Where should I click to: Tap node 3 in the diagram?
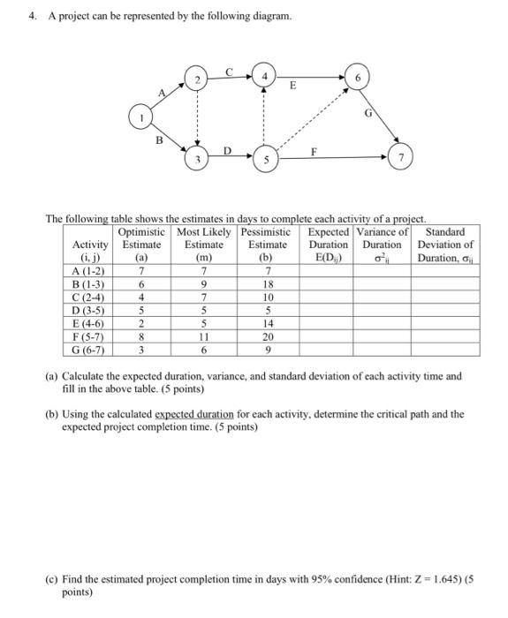tap(198, 160)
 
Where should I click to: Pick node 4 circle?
tap(263, 75)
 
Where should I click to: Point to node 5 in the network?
tap(263, 160)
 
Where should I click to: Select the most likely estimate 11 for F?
tap(203, 336)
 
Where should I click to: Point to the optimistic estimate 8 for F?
tap(140, 336)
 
